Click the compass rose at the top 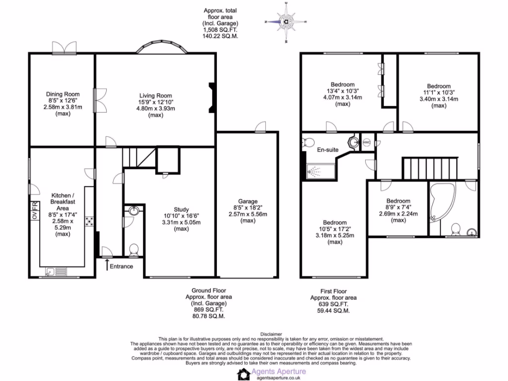tap(287, 21)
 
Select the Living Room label tap(155, 96)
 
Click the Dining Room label tap(63, 94)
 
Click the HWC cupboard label tap(367, 143)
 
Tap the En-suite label tap(327, 149)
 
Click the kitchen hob tap(90, 222)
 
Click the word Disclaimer tap(270, 334)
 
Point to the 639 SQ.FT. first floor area tap(333, 304)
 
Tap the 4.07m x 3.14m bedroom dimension tap(343, 97)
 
